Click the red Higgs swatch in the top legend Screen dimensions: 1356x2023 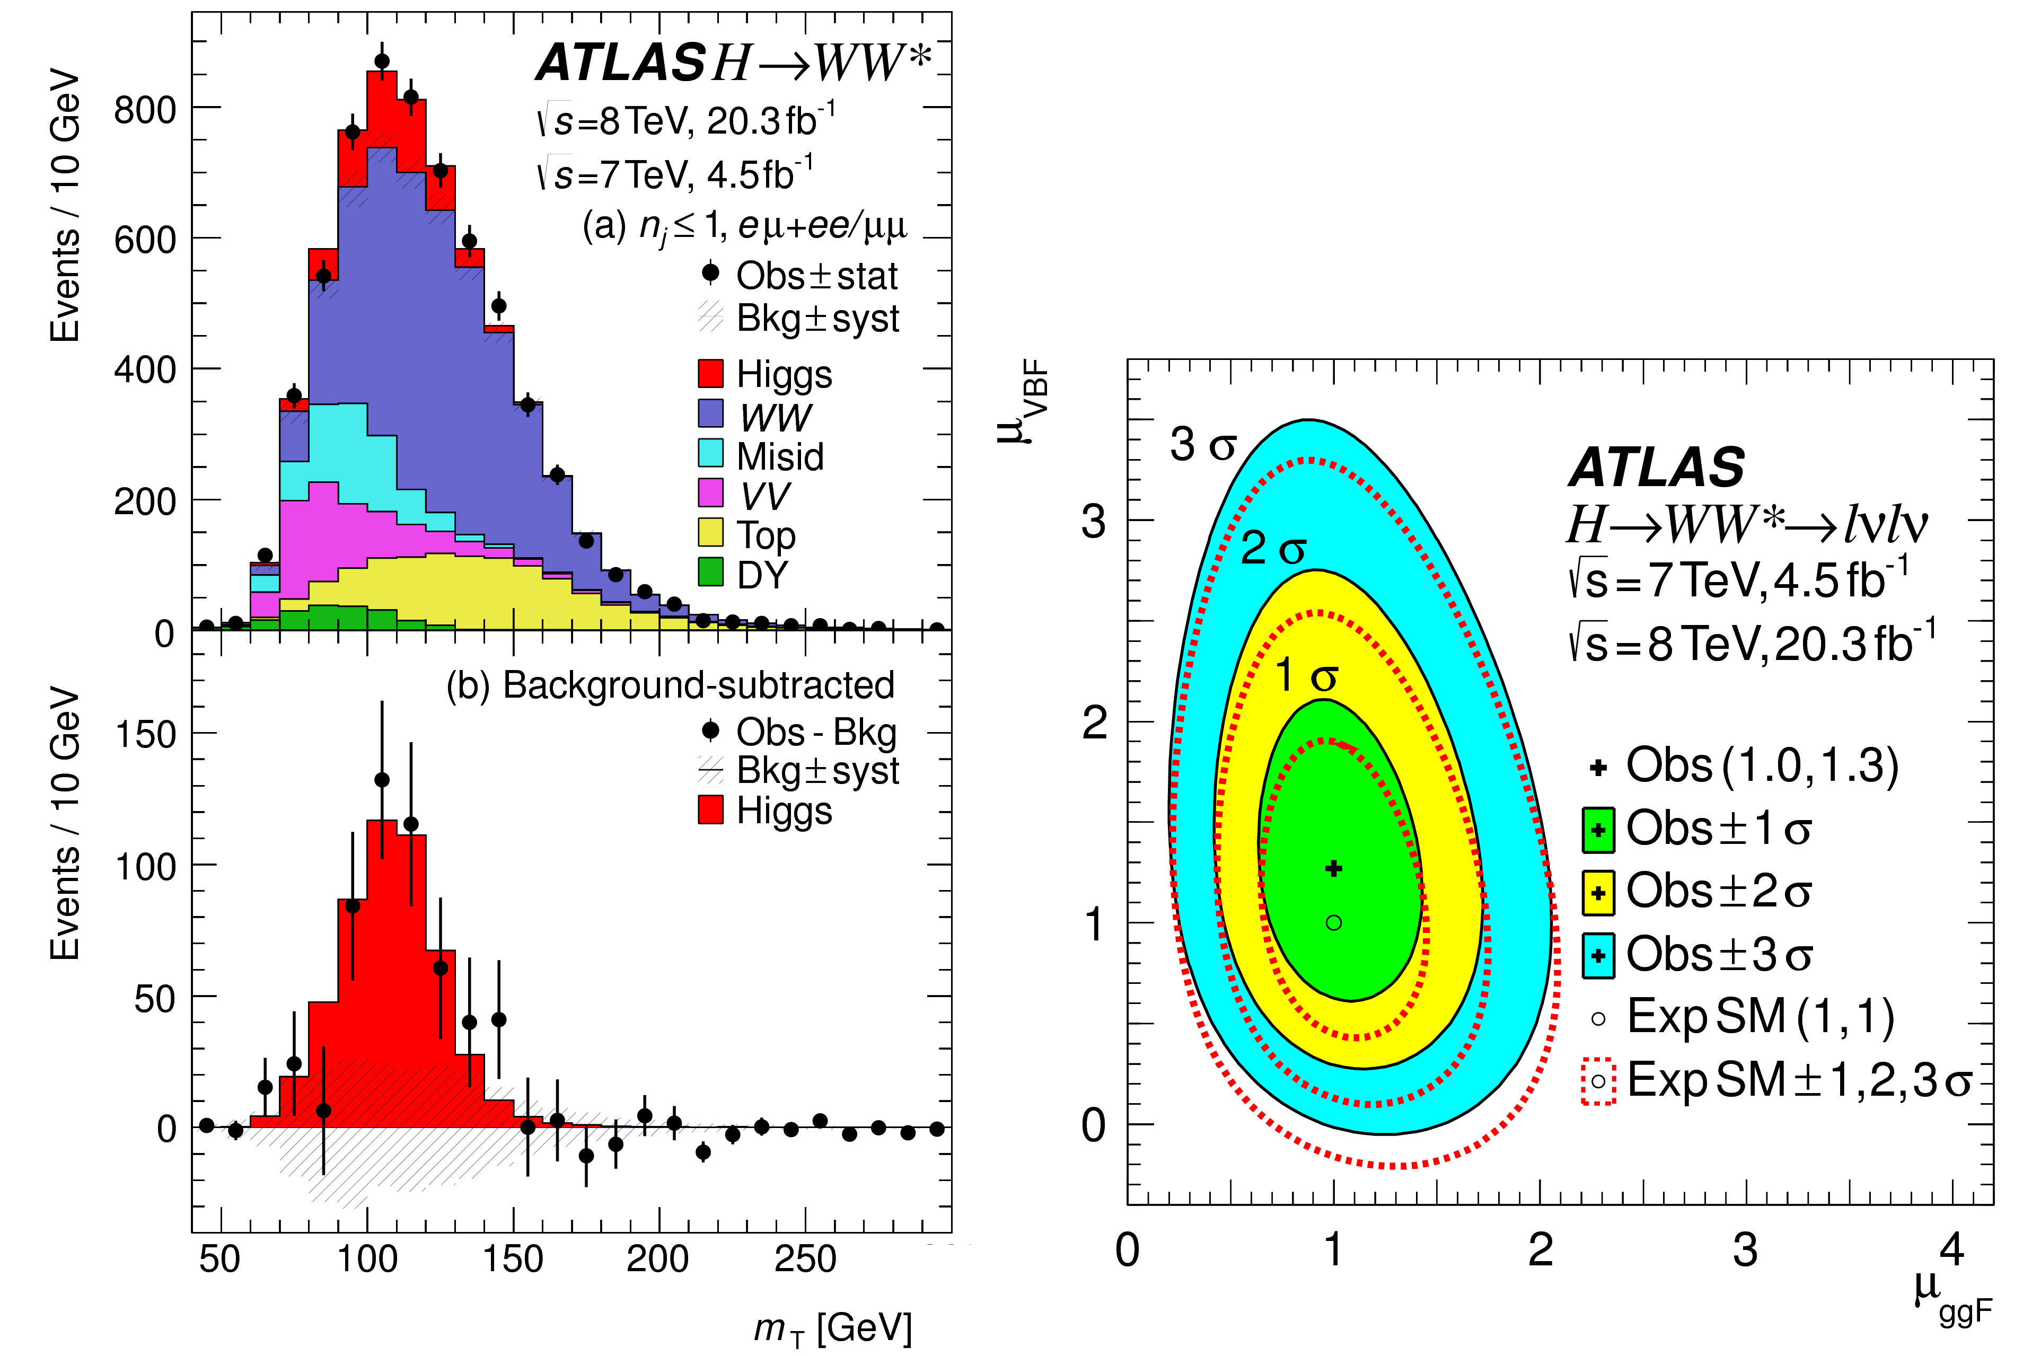point(710,374)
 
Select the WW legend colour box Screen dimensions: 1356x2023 point(710,413)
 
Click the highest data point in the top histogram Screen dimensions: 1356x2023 point(381,61)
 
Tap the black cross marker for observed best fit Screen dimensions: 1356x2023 point(1334,868)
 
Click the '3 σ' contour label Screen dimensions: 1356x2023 point(1202,445)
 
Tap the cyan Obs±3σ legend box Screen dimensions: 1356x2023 point(1598,955)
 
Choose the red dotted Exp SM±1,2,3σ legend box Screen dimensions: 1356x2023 point(1598,1081)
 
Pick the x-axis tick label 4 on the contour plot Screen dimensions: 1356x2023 point(1951,1249)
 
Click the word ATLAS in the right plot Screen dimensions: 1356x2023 point(1656,468)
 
